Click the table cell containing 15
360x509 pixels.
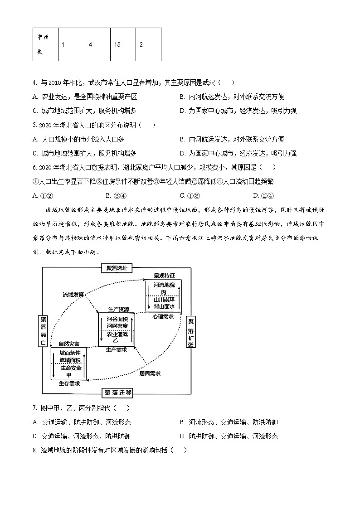point(123,44)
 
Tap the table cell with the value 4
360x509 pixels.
point(97,44)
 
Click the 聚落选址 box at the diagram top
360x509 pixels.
point(117,268)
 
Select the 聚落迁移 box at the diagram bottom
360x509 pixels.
point(117,393)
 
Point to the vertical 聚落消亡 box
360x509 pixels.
point(44,331)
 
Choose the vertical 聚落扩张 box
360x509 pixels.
point(190,331)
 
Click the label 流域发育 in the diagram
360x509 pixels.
point(73,295)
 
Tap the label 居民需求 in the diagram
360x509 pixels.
point(150,373)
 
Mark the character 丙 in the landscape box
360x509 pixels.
point(163,292)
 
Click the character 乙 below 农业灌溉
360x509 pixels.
point(116,340)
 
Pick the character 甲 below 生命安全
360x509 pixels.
point(68,375)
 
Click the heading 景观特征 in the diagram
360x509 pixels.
point(164,275)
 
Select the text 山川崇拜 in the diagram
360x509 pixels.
point(164,300)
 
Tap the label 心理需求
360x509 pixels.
point(163,316)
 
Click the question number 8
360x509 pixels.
point(34,450)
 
